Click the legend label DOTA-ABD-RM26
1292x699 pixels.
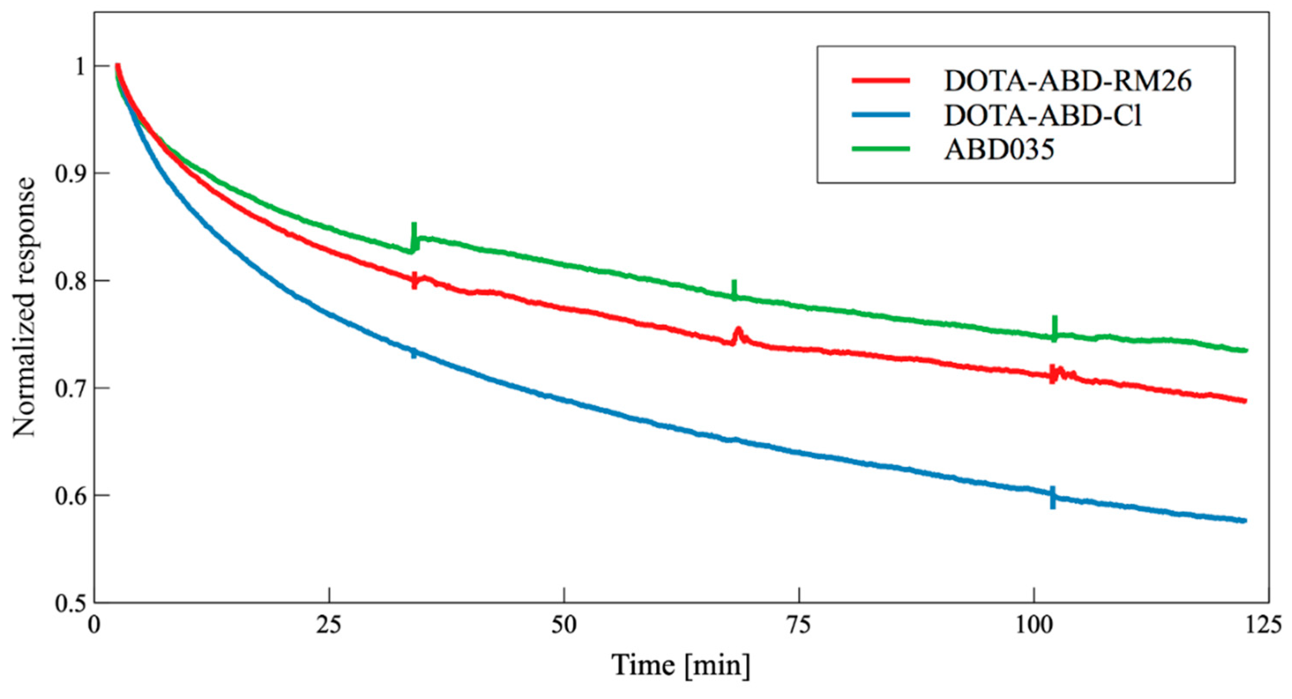pos(1067,81)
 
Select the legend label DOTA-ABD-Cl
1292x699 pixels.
pos(1043,115)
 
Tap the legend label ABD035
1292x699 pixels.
pos(999,149)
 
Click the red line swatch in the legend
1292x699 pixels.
pos(881,81)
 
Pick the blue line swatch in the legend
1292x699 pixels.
pos(881,115)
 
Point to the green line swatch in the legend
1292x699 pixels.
pos(881,149)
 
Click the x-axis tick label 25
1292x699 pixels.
pos(329,625)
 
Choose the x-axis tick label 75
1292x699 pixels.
pos(799,625)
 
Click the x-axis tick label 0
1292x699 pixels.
pos(95,625)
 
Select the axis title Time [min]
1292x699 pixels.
pos(681,665)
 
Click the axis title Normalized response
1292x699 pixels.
pos(24,307)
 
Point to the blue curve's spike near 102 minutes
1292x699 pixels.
pos(1053,497)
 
